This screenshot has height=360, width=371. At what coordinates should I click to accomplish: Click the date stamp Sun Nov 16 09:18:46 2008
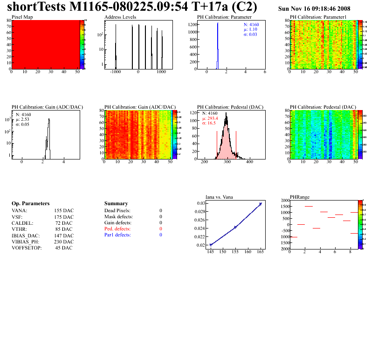point(314,9)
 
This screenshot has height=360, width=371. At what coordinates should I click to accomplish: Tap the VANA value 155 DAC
point(64,211)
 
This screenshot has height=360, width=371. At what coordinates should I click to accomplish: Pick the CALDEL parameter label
point(21,223)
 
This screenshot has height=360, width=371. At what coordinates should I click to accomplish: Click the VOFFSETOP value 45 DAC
point(64,248)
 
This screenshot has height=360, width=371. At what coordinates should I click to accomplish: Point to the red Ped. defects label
point(117,229)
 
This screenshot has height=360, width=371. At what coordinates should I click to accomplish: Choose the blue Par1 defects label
point(117,235)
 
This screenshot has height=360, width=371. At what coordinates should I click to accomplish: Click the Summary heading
point(116,204)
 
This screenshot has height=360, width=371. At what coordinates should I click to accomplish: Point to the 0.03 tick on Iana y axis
point(200,203)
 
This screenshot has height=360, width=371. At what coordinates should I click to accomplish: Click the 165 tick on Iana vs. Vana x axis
point(261,252)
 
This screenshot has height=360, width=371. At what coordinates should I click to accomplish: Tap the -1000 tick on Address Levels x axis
point(115,73)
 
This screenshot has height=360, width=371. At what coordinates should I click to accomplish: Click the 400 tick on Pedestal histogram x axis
point(249,162)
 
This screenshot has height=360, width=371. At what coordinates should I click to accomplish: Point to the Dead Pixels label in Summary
point(117,211)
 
